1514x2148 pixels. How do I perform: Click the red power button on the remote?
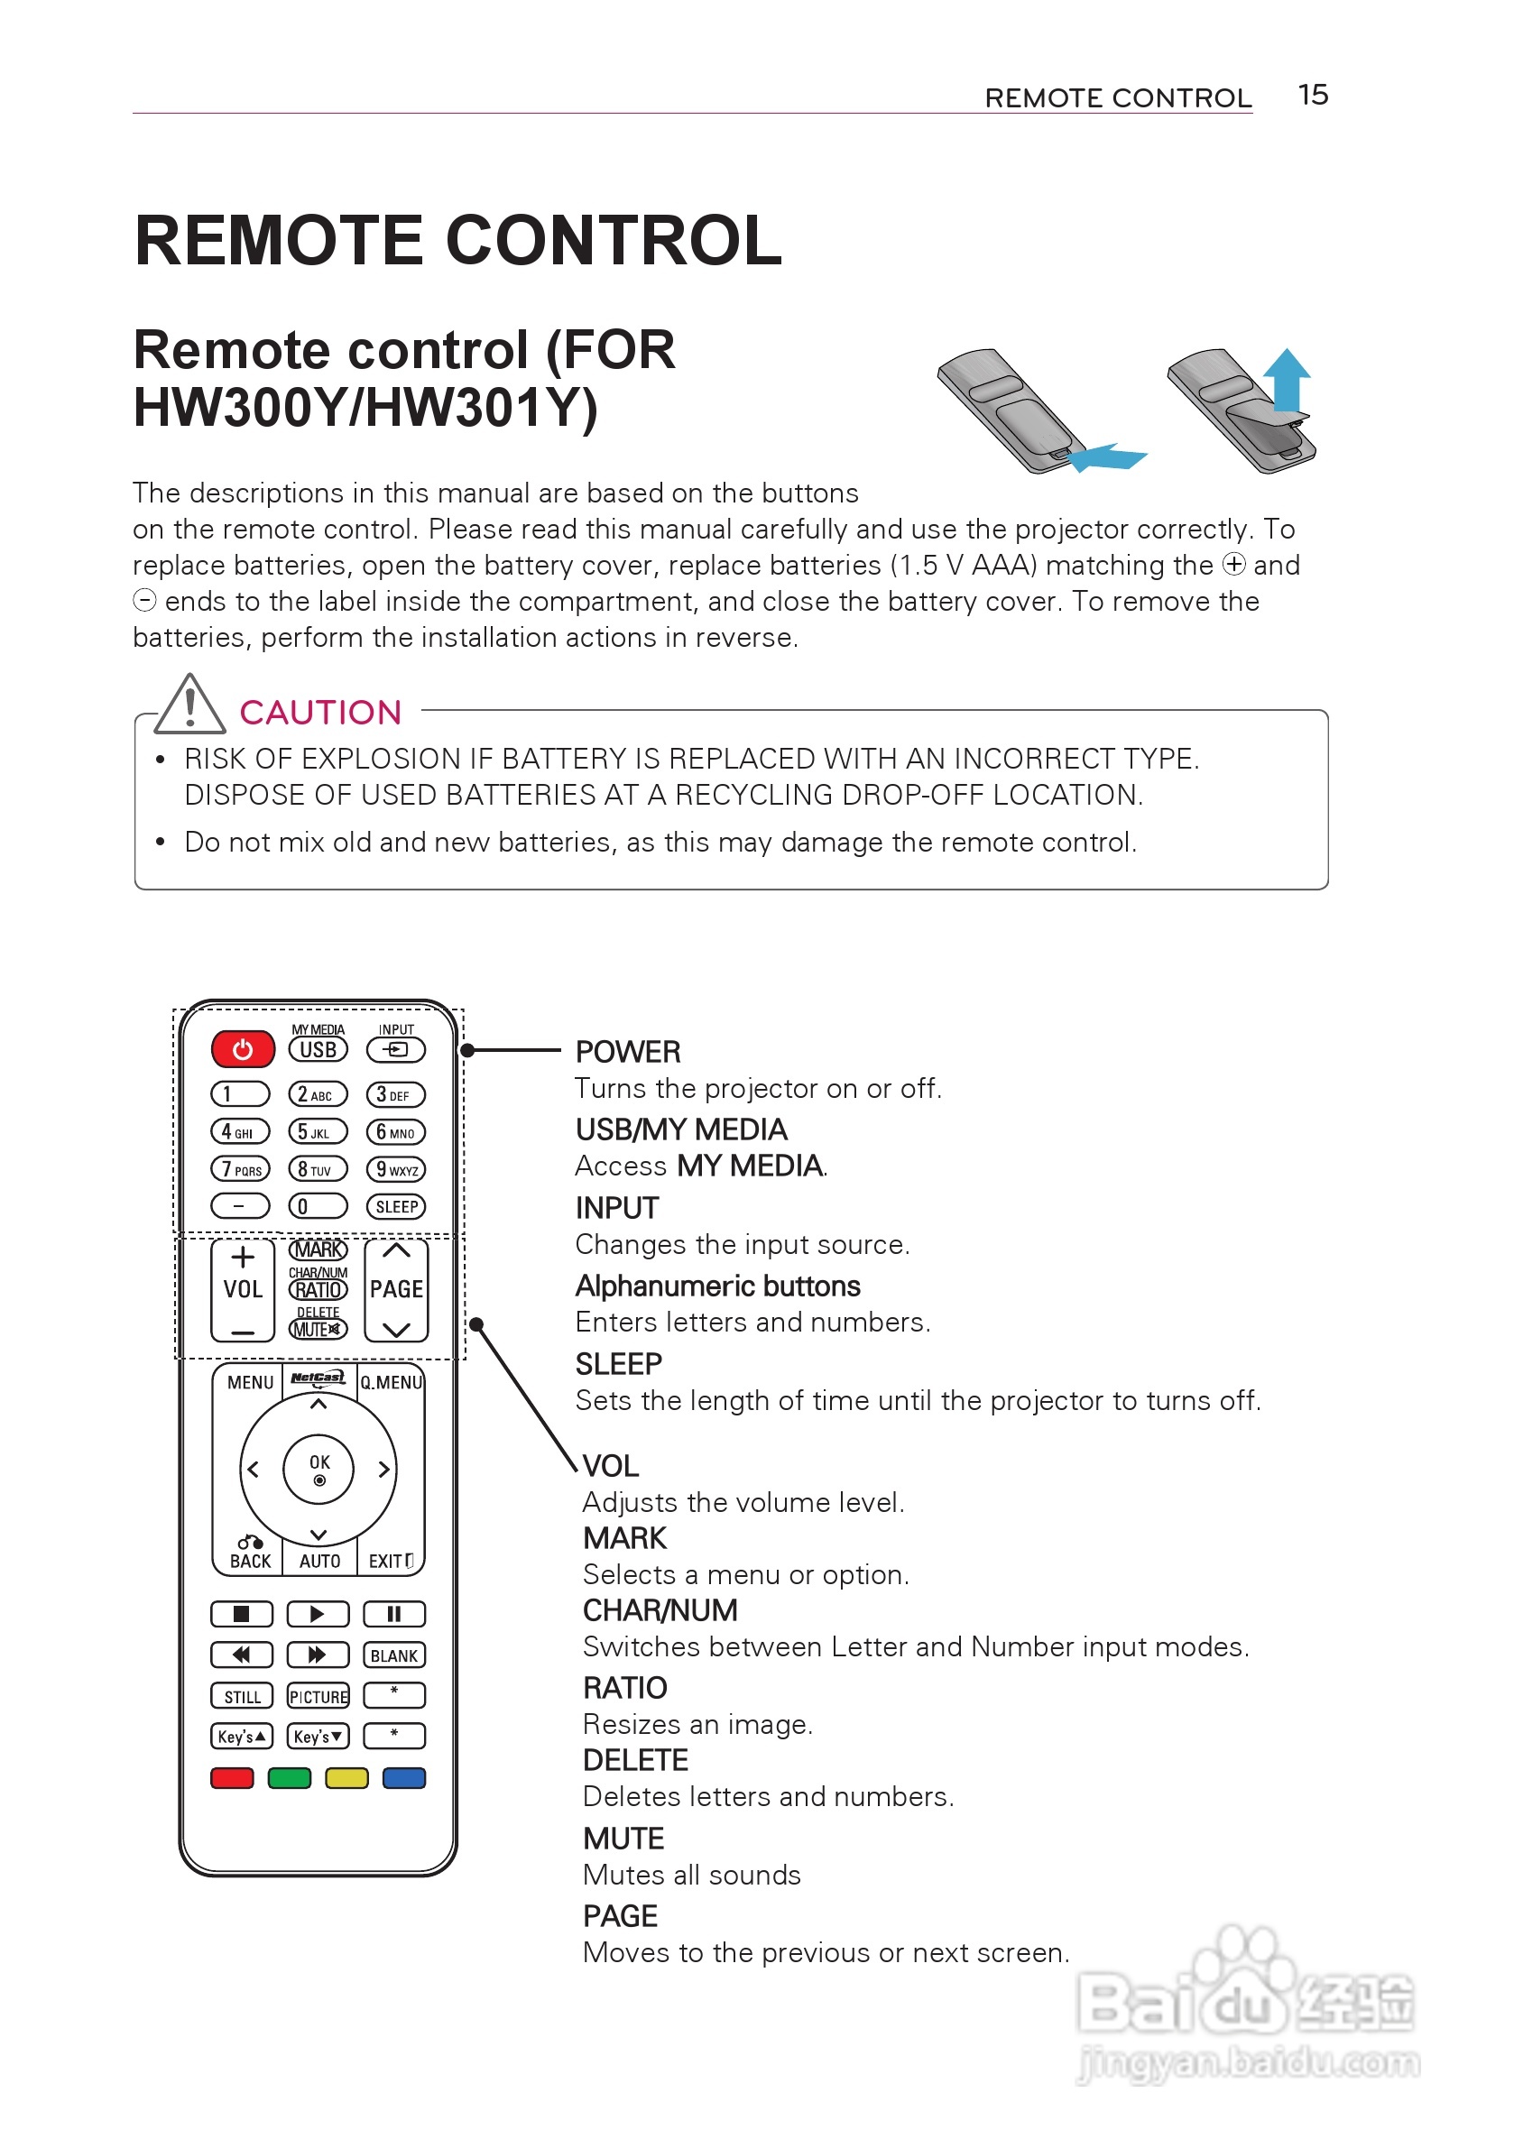tap(243, 1049)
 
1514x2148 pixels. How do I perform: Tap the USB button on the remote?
tap(318, 1050)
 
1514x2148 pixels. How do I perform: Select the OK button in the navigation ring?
tap(319, 1468)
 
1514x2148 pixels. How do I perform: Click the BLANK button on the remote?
tap(394, 1655)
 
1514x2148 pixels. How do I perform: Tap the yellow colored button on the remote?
tap(346, 1777)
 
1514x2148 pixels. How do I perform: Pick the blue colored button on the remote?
tap(404, 1777)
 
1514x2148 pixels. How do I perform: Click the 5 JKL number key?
tap(318, 1132)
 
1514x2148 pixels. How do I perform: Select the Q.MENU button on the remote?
tap(392, 1383)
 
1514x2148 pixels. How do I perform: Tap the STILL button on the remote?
tap(243, 1696)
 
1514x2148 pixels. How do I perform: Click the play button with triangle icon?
tap(318, 1614)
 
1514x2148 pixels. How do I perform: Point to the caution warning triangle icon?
tap(190, 705)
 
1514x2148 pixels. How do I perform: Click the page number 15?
tap(1313, 95)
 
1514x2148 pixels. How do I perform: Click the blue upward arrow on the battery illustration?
tap(1288, 379)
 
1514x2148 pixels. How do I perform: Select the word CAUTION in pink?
tap(320, 713)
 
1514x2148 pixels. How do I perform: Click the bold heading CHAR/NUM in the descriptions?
tap(660, 1610)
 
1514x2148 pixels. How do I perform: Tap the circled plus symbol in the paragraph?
tap(1234, 564)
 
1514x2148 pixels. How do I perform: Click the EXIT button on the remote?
tap(390, 1561)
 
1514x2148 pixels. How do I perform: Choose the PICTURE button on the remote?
tap(318, 1696)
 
